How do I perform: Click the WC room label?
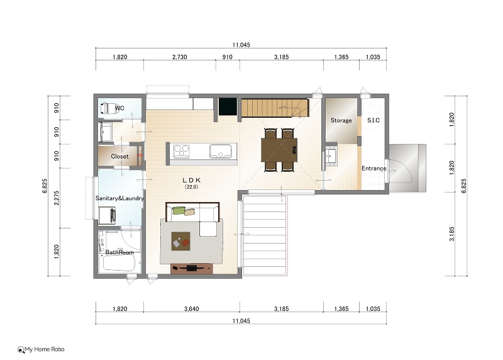(119, 108)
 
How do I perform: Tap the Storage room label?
(341, 120)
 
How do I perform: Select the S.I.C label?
(373, 120)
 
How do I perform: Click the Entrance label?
(373, 168)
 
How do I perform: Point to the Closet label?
(119, 156)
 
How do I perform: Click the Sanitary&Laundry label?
(119, 198)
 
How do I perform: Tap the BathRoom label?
(119, 252)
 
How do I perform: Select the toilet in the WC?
(108, 108)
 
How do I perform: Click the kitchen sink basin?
(221, 151)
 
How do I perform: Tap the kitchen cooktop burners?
(182, 151)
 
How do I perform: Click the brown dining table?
(279, 150)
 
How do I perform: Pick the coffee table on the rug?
(181, 241)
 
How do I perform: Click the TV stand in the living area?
(192, 269)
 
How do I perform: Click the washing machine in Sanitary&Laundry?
(107, 215)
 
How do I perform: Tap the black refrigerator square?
(228, 106)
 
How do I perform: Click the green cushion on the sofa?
(179, 211)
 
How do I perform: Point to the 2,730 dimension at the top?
(180, 57)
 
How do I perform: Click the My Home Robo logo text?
(45, 349)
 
